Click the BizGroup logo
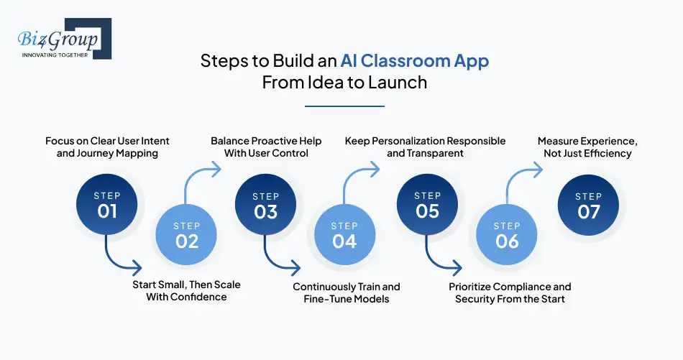click(x=65, y=38)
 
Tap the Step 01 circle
click(x=106, y=205)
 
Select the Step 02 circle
click(x=186, y=234)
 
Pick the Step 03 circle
click(x=266, y=205)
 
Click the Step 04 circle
click(x=344, y=234)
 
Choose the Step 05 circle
click(x=427, y=205)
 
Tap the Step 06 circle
click(x=507, y=234)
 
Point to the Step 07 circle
click(x=589, y=205)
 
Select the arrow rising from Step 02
click(x=192, y=173)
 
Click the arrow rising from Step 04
click(x=350, y=173)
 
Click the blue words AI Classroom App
click(x=414, y=61)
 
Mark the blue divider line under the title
click(x=344, y=106)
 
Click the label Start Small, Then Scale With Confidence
click(x=186, y=291)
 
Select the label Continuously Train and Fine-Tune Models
click(x=347, y=293)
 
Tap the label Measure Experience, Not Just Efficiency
click(x=587, y=147)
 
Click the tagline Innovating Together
click(x=55, y=55)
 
